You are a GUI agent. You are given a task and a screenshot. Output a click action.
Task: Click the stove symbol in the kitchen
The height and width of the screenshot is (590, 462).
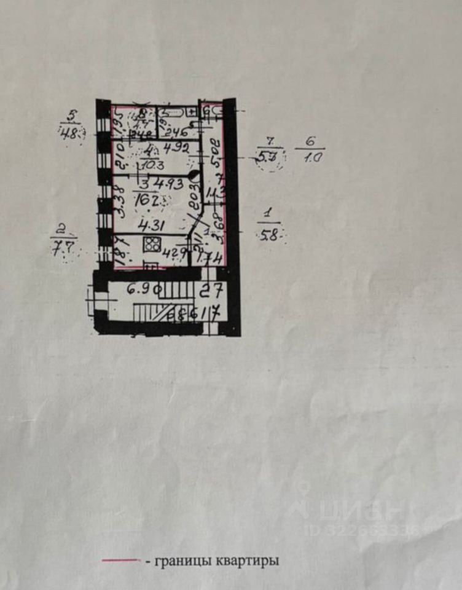pyautogui.click(x=151, y=244)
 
